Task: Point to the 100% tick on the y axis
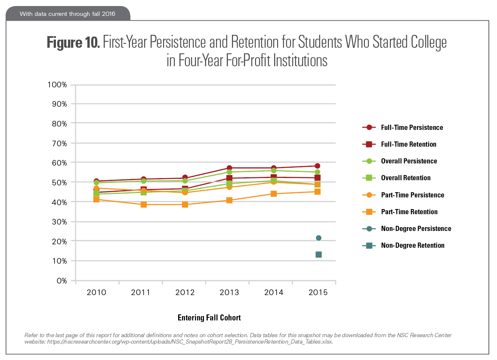(x=57, y=84)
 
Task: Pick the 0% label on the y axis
(x=61, y=281)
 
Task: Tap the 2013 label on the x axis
(x=229, y=293)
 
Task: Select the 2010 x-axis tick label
(x=96, y=293)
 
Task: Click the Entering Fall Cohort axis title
(x=209, y=318)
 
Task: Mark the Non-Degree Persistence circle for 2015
(x=318, y=238)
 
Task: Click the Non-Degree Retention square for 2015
(x=318, y=255)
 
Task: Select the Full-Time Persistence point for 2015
(x=318, y=166)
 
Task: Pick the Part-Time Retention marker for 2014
(x=274, y=194)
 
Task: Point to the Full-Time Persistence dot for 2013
(x=229, y=168)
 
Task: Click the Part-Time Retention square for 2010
(x=96, y=200)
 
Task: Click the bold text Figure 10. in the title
(x=73, y=43)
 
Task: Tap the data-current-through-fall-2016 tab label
(x=68, y=14)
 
